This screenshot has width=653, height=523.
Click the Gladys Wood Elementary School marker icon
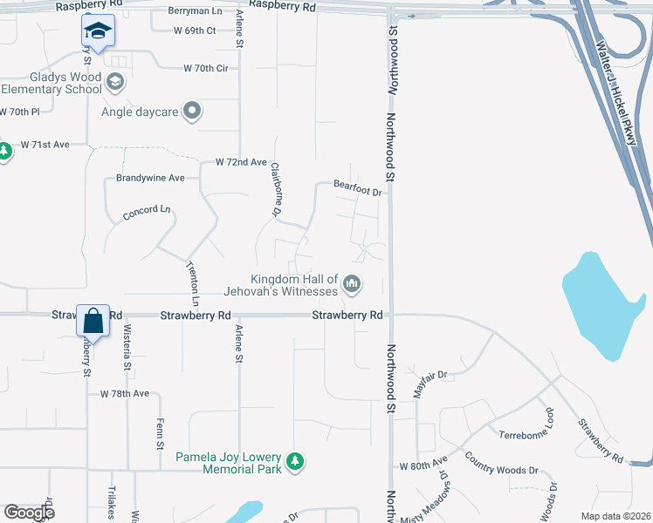coord(114,82)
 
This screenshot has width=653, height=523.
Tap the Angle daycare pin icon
coord(192,111)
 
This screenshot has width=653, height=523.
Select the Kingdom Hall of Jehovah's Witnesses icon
coord(353,283)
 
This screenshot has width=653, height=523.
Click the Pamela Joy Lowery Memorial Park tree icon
coord(296,461)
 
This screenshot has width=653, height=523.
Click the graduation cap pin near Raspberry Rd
coord(98,31)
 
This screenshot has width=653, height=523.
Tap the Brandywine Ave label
coord(150,178)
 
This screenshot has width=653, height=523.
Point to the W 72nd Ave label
coord(241,162)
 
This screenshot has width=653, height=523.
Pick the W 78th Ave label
coord(125,394)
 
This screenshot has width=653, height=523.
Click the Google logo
coord(29,513)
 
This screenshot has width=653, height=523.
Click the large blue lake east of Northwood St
coord(601,305)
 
